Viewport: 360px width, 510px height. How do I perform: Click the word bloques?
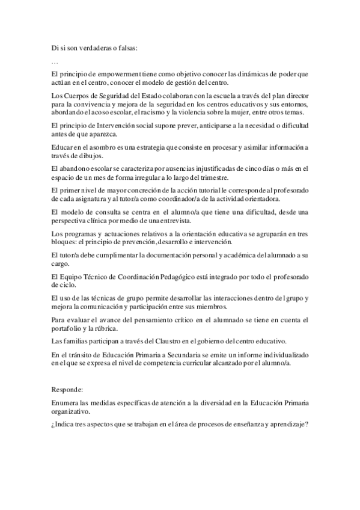[x=66, y=242]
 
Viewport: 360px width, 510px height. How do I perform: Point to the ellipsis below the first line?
[x=55, y=61]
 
